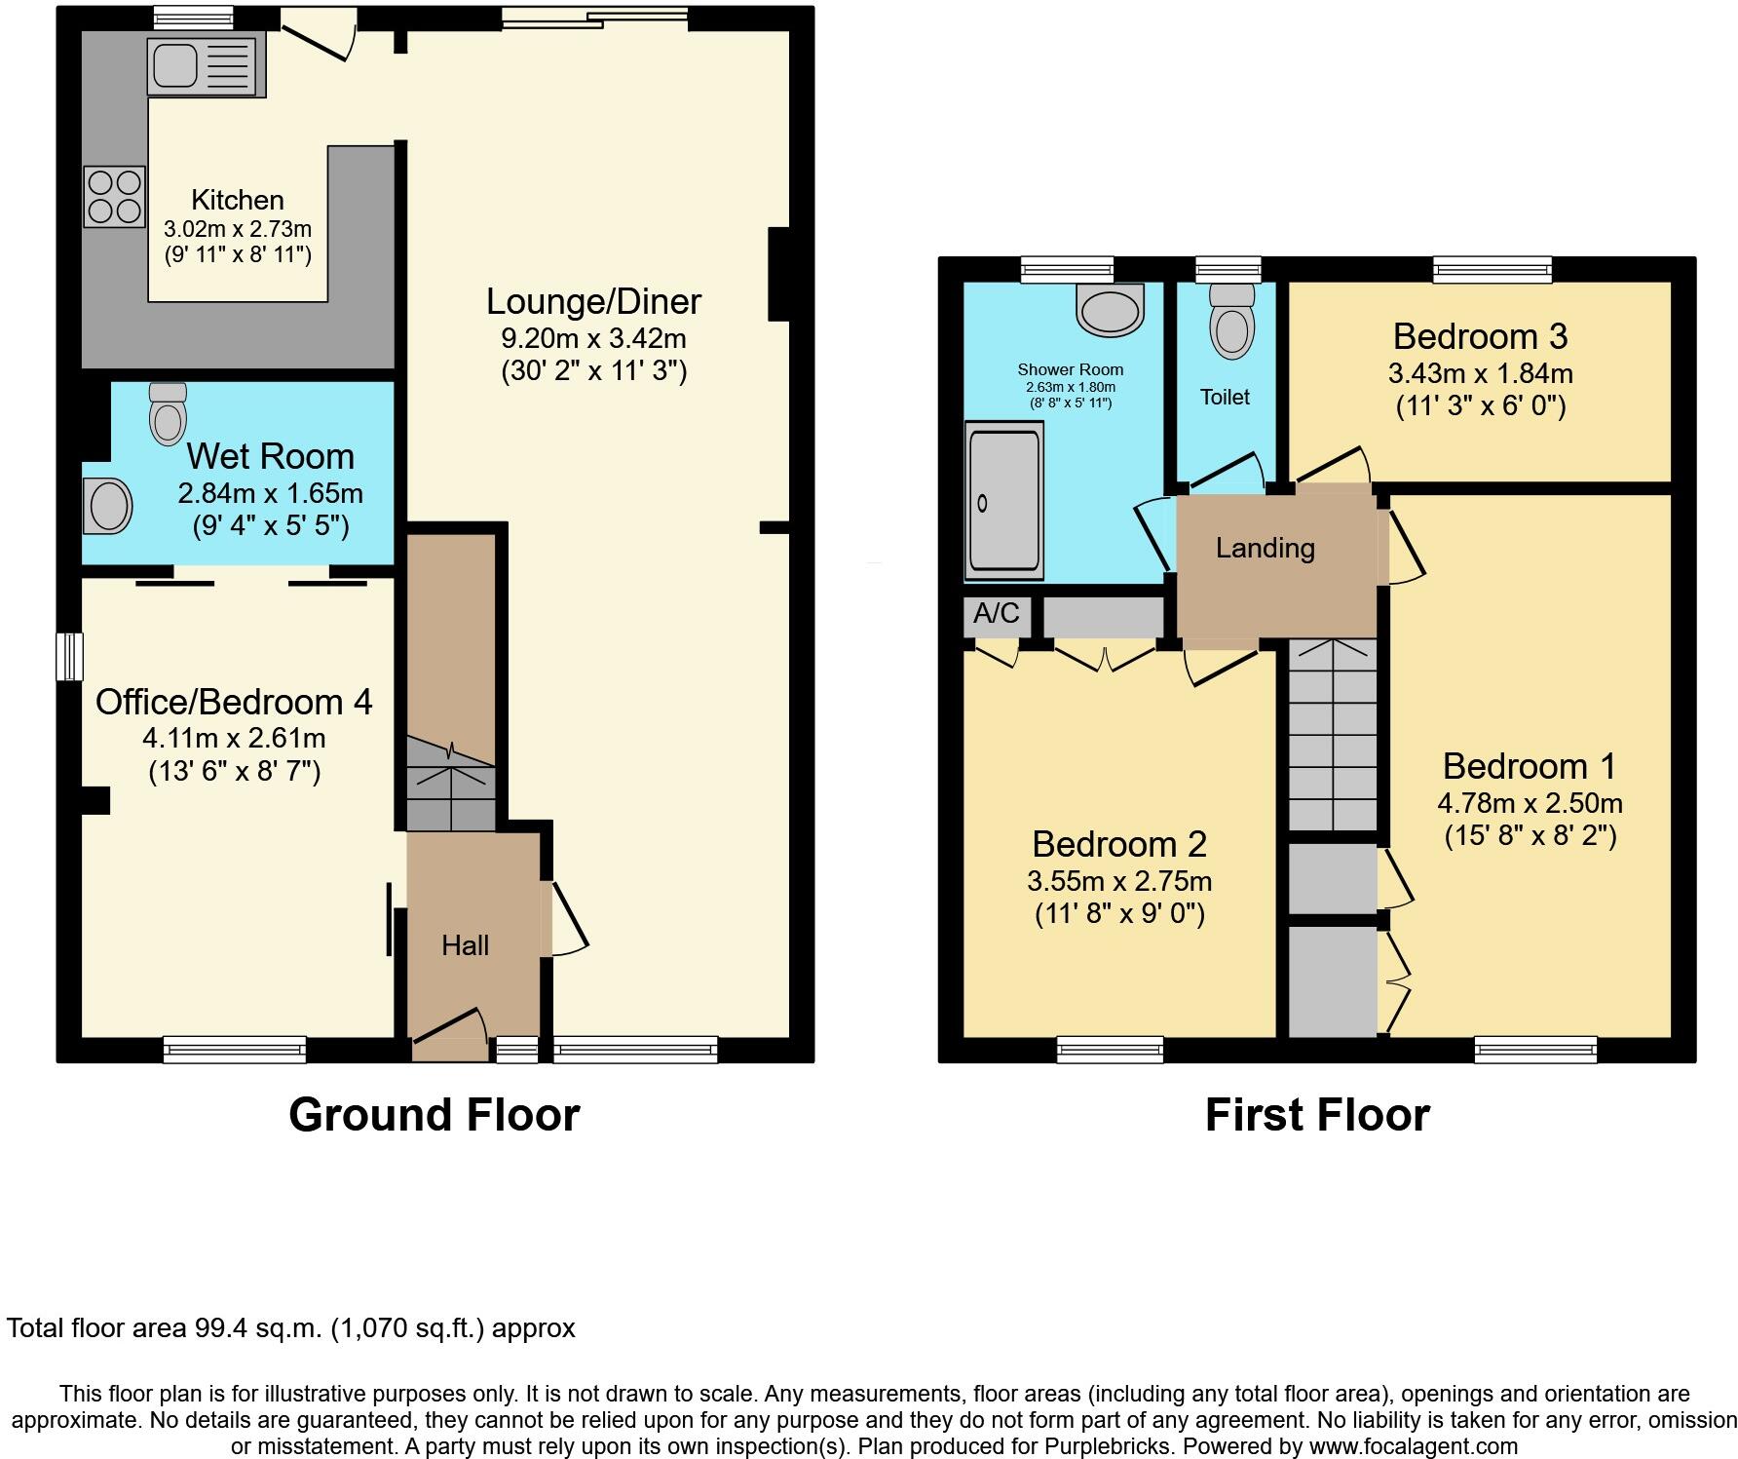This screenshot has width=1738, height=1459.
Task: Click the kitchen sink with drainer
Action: pos(206,66)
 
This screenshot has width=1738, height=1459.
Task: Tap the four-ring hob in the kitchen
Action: pos(115,197)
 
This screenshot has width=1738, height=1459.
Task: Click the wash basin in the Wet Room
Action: pos(107,506)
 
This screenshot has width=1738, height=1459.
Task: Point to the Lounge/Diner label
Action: pos(593,302)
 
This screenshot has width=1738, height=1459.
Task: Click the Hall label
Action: pos(465,945)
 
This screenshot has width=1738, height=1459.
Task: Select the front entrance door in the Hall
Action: pos(450,1033)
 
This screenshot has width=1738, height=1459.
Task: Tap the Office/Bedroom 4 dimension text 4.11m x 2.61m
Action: pos(234,738)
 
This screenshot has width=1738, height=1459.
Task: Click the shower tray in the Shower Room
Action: pos(1003,500)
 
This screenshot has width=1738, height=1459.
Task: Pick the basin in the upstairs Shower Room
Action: pos(1109,309)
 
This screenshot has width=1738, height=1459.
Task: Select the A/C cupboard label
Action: pos(997,614)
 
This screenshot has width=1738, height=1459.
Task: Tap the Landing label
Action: pos(1265,549)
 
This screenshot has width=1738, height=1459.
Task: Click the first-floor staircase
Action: pos(1332,736)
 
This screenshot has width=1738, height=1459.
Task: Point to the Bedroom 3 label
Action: pos(1480,337)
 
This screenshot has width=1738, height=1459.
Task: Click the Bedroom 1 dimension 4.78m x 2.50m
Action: pos(1530,804)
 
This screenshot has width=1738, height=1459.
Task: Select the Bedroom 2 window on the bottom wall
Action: pos(1110,1050)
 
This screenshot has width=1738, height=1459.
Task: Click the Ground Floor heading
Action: pos(434,1115)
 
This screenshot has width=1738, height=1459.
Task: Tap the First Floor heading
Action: pos(1317,1115)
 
